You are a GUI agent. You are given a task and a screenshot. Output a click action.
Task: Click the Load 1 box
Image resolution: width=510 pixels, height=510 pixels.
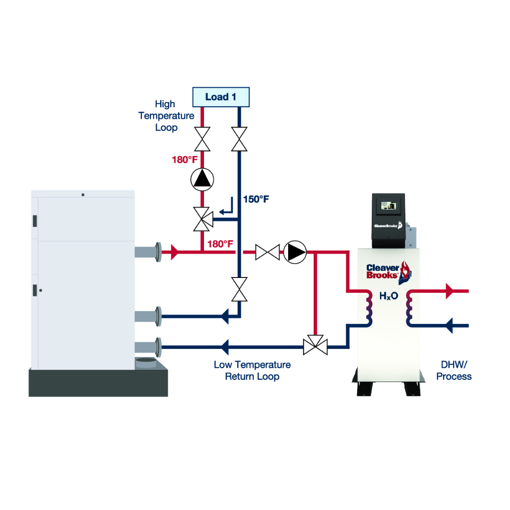pos(220,97)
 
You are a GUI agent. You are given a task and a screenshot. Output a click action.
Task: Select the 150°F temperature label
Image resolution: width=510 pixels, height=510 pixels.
pos(256,199)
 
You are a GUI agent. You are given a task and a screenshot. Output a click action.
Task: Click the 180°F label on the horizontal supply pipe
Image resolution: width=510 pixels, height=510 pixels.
pos(220,244)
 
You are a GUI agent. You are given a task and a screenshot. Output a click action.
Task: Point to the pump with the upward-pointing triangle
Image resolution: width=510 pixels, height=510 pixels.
pos(202,179)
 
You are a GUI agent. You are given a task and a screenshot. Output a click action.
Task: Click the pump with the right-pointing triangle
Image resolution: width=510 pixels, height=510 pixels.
pos(295,252)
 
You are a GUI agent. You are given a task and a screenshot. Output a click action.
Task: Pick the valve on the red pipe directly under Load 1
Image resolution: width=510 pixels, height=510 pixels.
pos(202,139)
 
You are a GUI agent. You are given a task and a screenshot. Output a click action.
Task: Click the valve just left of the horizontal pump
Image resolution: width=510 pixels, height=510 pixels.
pos(267,252)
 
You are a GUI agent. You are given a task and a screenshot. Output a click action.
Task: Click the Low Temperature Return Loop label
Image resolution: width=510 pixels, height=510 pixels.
pos(252,371)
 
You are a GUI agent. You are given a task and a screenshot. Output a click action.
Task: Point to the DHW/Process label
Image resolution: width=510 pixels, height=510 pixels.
pos(456,371)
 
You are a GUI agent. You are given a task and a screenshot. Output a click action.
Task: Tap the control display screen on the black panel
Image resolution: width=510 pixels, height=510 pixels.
pos(388,206)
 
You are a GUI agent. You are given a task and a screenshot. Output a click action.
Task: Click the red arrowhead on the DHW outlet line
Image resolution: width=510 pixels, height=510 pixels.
pos(450,291)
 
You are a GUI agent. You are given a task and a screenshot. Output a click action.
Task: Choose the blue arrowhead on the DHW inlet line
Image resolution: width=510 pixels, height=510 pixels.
pos(450,325)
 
